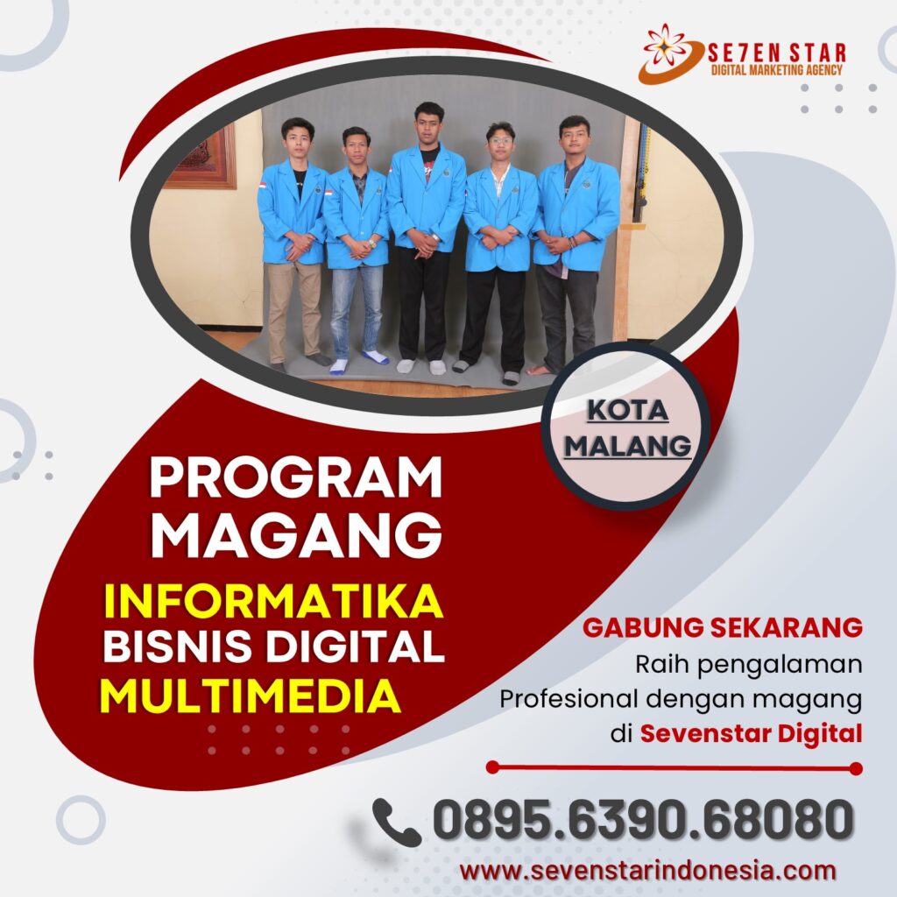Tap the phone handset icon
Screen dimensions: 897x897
pyautogui.click(x=397, y=822)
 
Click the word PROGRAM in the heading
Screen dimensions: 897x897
pyautogui.click(x=296, y=477)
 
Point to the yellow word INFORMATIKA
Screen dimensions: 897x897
pyautogui.click(x=273, y=601)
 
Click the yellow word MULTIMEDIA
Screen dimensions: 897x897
pyautogui.click(x=250, y=696)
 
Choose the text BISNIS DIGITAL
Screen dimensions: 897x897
pyautogui.click(x=273, y=646)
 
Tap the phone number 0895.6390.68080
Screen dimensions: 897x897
pyautogui.click(x=643, y=820)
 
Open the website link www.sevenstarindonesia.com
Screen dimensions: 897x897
pyautogui.click(x=647, y=872)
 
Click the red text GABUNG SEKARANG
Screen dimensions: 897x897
pyautogui.click(x=723, y=627)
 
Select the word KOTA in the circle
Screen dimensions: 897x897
pyautogui.click(x=627, y=410)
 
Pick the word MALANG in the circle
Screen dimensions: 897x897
pyautogui.click(x=627, y=446)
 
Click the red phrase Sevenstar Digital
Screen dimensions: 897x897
pyautogui.click(x=751, y=733)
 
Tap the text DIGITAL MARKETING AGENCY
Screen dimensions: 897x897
pyautogui.click(x=776, y=70)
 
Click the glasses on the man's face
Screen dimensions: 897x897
pyautogui.click(x=500, y=141)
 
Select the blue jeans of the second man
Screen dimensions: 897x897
pyautogui.click(x=357, y=309)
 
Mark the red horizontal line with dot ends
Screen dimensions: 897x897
pyautogui.click(x=674, y=767)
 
